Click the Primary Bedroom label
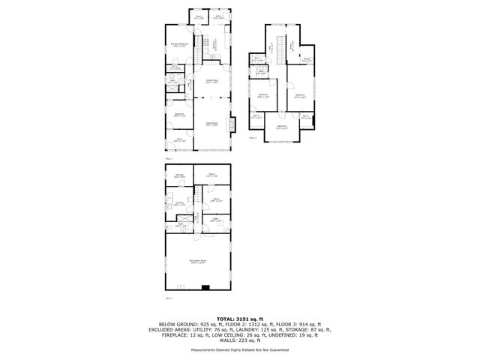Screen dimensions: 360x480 coord(178,45)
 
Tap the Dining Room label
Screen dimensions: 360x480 coord(212,82)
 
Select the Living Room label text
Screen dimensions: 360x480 coord(212,124)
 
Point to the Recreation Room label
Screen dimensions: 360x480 coord(199,262)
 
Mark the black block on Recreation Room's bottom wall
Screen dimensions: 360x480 coord(205,287)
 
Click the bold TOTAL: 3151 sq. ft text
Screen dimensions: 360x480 coord(240,319)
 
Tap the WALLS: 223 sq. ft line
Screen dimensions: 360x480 coord(240,340)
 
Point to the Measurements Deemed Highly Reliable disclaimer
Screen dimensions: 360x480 coord(240,349)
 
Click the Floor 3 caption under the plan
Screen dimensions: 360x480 coord(253,138)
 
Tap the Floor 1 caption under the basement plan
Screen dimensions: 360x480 coord(169,298)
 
